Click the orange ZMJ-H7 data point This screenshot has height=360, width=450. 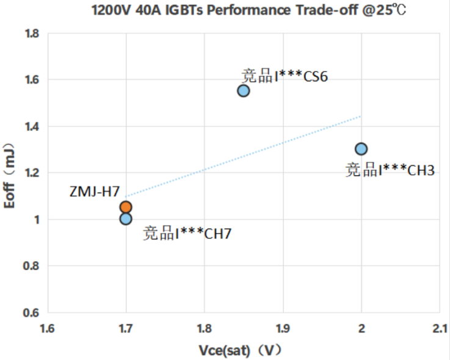click(x=126, y=207)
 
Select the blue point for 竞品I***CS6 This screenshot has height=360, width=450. click(x=244, y=90)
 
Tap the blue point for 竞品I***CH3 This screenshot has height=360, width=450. click(x=361, y=149)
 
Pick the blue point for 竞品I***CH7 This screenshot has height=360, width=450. click(x=126, y=219)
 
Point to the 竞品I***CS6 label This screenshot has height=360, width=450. click(x=285, y=76)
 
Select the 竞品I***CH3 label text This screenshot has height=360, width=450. click(x=390, y=170)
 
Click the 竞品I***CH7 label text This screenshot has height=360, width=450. click(x=187, y=233)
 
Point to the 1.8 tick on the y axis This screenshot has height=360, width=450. click(x=31, y=33)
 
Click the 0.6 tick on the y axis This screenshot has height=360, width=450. click(x=31, y=312)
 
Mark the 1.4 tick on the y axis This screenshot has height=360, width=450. click(x=31, y=126)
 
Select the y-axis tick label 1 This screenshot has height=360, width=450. click(x=36, y=219)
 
